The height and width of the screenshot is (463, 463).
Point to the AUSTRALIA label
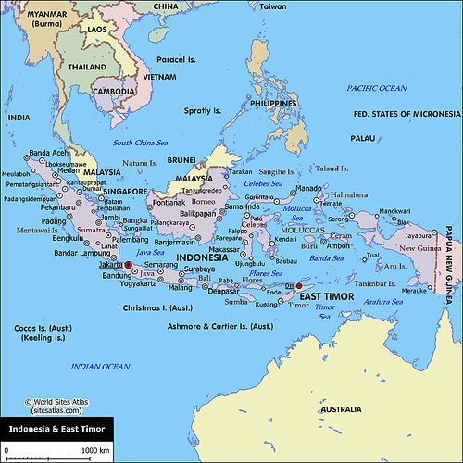[340, 408]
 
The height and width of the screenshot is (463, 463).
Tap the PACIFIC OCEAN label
[377, 87]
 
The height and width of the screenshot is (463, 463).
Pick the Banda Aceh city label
[51, 153]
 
